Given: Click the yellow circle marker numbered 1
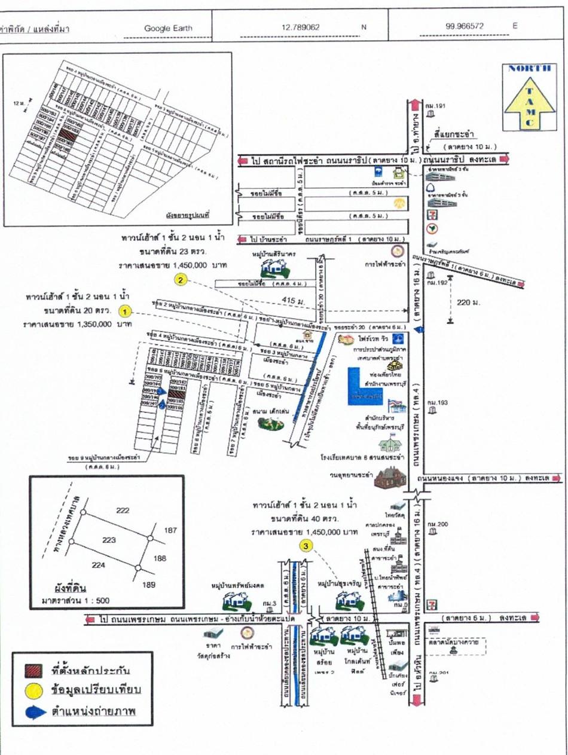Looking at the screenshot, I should tap(124, 310).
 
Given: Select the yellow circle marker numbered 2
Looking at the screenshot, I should tap(181, 279).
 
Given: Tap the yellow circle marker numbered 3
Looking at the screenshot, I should tap(307, 545).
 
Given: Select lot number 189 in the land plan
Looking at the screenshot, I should tap(150, 586).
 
